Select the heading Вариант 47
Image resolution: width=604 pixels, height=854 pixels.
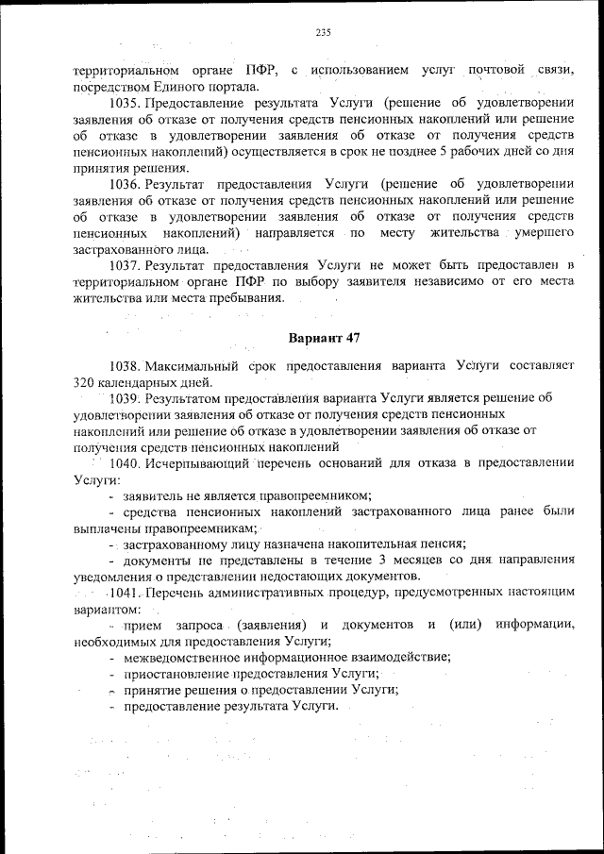pyautogui.click(x=323, y=338)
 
